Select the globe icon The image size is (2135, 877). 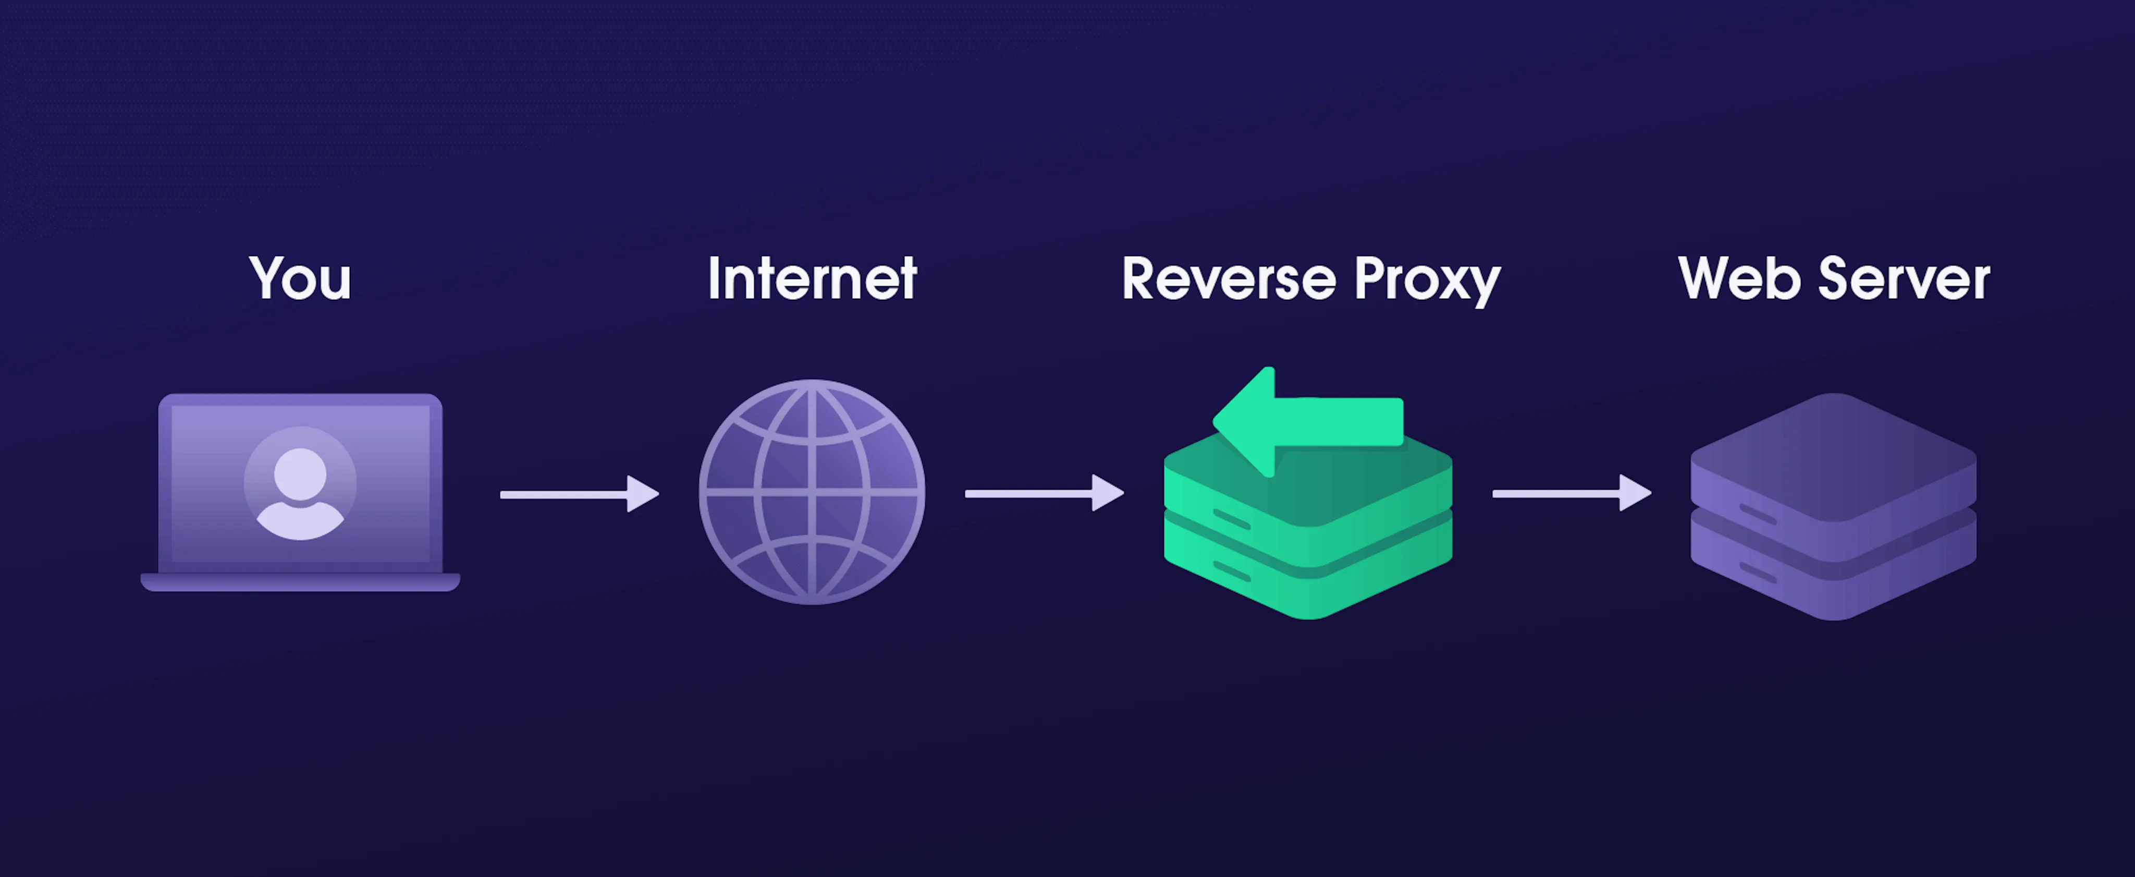point(812,492)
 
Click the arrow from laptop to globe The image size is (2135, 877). point(579,494)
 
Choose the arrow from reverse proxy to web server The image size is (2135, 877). point(1570,493)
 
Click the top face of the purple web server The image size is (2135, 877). point(1833,456)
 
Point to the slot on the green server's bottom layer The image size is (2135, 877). point(1232,571)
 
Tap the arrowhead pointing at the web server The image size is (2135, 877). point(1635,493)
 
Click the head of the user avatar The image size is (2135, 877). point(300,473)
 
